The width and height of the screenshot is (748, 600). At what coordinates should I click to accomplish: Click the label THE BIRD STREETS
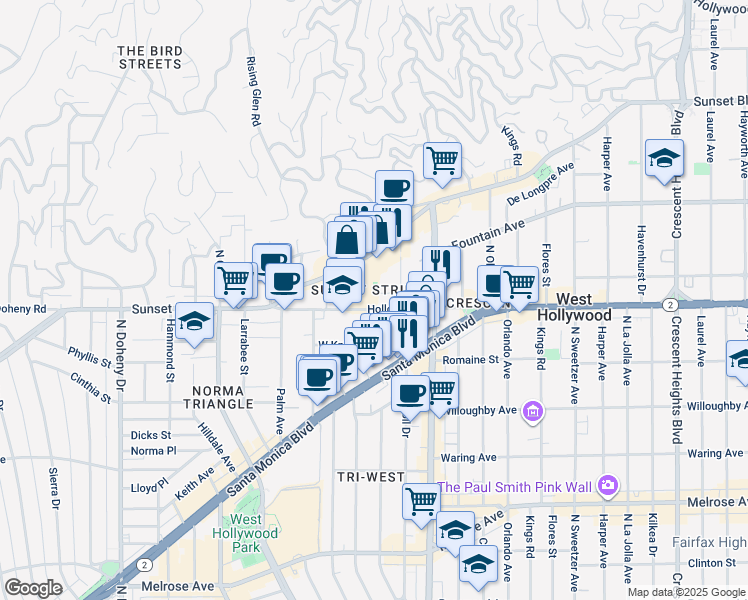pyautogui.click(x=150, y=57)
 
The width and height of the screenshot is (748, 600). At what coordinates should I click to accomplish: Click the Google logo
pyautogui.click(x=33, y=588)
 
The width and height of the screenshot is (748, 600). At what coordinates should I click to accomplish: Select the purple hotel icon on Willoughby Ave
pyautogui.click(x=533, y=412)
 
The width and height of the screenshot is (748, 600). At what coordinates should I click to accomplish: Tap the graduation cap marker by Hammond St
pyautogui.click(x=196, y=321)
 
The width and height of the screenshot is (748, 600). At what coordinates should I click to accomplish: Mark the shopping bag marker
pyautogui.click(x=346, y=241)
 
